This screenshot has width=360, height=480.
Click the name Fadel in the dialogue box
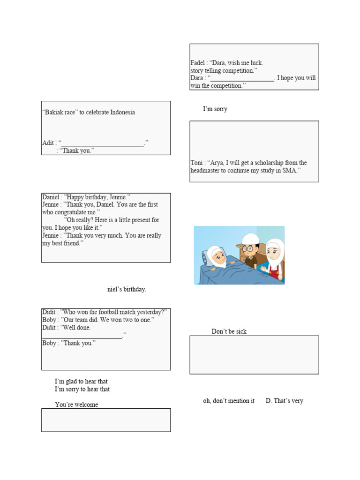198,63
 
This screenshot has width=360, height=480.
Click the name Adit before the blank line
48,143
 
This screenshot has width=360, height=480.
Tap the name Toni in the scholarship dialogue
196,163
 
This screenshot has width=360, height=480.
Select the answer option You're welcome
76,405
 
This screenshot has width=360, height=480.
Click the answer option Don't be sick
229,331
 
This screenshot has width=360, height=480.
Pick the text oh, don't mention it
229,401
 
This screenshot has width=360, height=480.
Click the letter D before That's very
268,401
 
